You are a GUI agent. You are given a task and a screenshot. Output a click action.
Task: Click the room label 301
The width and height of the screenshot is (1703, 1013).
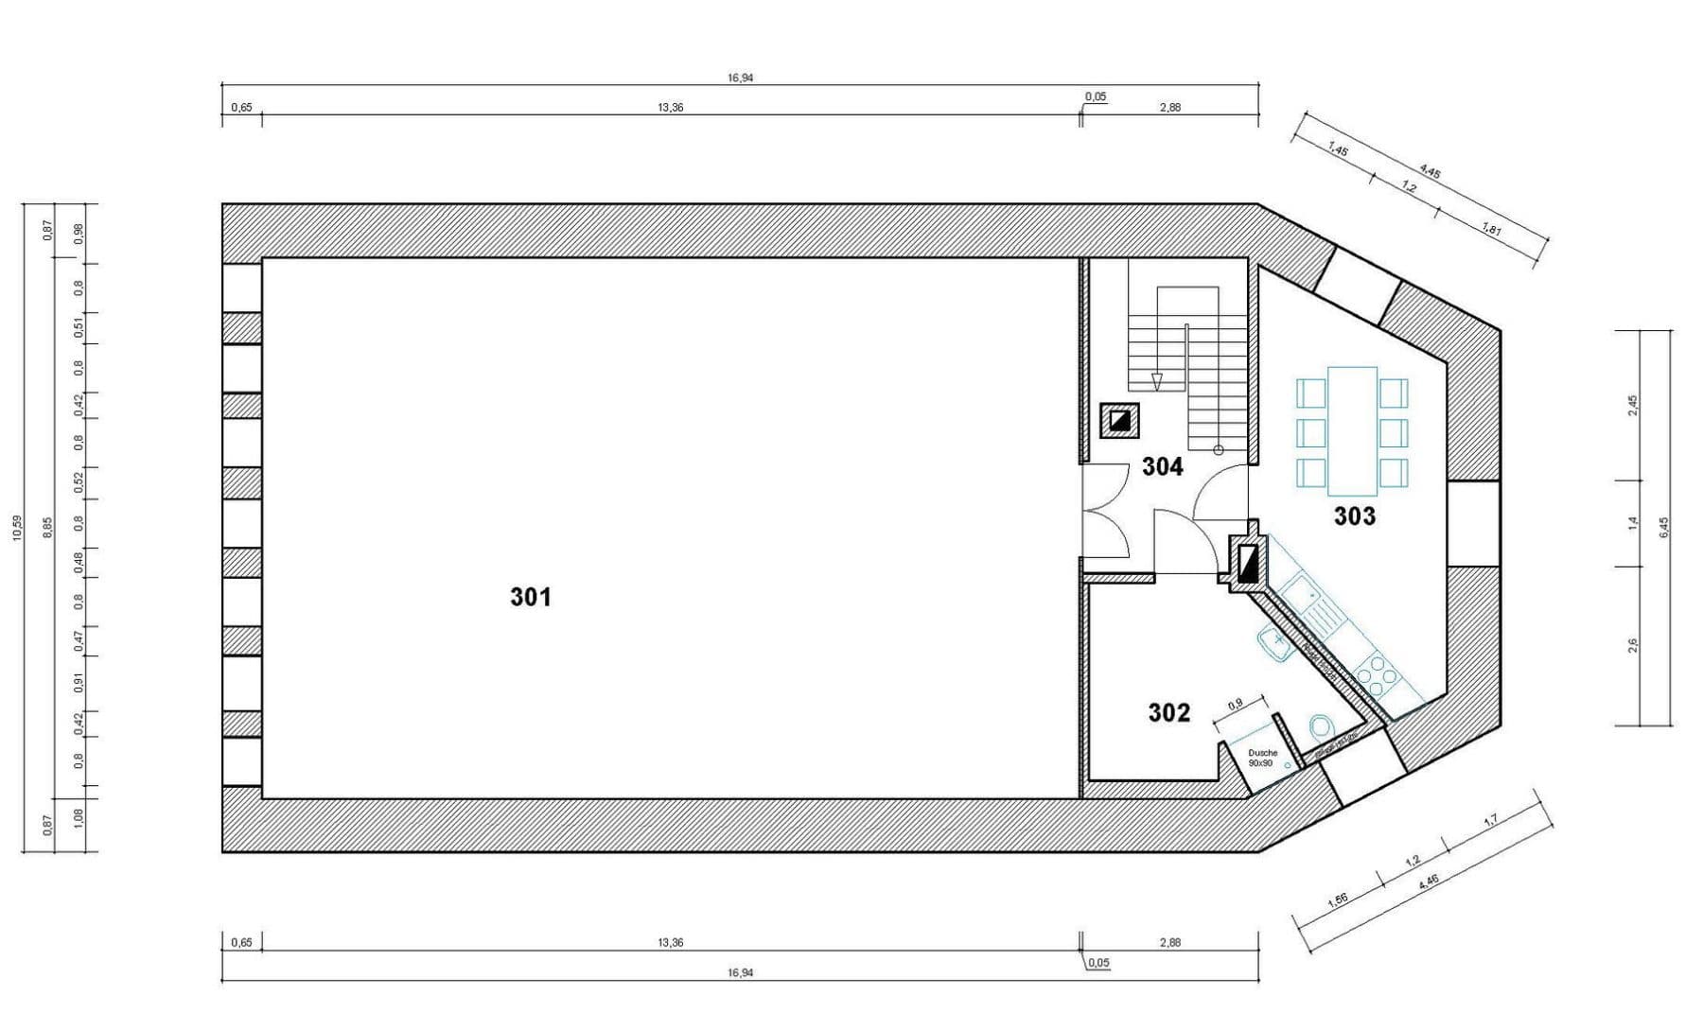pyautogui.click(x=530, y=597)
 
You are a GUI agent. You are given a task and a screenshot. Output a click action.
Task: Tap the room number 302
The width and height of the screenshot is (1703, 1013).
pyautogui.click(x=1168, y=712)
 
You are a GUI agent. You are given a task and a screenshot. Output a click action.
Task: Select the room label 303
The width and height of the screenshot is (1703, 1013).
pyautogui.click(x=1354, y=516)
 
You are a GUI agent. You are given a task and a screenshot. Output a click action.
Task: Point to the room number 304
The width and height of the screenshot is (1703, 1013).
pyautogui.click(x=1162, y=466)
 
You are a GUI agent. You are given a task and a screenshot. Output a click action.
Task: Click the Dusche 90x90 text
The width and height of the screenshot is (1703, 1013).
pyautogui.click(x=1262, y=758)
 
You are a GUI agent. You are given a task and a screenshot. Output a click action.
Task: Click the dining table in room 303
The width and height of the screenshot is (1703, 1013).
pyautogui.click(x=1352, y=431)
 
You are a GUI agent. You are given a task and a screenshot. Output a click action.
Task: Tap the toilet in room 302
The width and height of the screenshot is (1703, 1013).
pyautogui.click(x=1319, y=727)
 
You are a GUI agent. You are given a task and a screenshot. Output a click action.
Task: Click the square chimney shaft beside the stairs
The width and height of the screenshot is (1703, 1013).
pyautogui.click(x=1119, y=420)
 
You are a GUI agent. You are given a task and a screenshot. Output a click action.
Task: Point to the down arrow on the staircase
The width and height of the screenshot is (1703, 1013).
pyautogui.click(x=1156, y=381)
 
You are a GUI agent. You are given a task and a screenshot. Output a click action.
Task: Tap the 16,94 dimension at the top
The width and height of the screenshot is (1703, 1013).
pyautogui.click(x=740, y=78)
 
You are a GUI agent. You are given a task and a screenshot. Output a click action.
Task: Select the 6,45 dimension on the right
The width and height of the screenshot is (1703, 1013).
pyautogui.click(x=1664, y=527)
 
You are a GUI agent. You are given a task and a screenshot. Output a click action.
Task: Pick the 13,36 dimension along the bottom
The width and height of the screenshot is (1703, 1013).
pyautogui.click(x=669, y=943)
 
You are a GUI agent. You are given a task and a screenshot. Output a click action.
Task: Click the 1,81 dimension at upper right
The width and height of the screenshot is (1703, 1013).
pyautogui.click(x=1492, y=230)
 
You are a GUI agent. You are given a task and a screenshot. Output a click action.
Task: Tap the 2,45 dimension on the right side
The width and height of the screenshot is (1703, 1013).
pyautogui.click(x=1633, y=404)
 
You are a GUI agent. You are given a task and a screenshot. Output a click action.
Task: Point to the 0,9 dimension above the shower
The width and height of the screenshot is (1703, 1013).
pyautogui.click(x=1236, y=705)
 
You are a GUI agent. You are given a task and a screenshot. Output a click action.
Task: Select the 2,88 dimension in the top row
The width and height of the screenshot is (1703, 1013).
pyautogui.click(x=1169, y=107)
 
